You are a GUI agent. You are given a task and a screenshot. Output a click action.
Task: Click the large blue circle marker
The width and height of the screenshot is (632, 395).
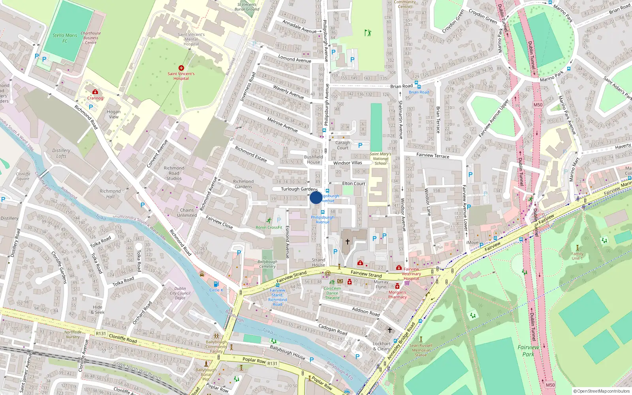click(316, 197)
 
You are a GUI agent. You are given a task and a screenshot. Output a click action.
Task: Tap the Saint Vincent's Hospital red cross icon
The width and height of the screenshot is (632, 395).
click(181, 68)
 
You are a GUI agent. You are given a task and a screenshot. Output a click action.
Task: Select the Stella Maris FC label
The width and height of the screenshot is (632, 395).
click(65, 38)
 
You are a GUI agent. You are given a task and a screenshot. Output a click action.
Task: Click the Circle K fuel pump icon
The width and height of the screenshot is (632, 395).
click(216, 284)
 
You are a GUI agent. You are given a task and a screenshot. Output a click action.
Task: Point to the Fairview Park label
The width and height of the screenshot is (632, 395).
click(528, 351)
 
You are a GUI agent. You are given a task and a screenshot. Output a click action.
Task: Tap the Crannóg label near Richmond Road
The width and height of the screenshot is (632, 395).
click(95, 98)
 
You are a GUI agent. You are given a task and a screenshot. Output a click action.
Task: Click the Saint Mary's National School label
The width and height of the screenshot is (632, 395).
click(380, 159)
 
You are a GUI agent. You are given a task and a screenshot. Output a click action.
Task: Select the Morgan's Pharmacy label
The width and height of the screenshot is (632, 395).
click(397, 295)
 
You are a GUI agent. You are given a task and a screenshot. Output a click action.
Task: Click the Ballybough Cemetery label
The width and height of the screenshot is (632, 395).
click(267, 264)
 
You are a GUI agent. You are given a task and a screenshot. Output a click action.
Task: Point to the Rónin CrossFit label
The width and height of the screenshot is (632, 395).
click(269, 227)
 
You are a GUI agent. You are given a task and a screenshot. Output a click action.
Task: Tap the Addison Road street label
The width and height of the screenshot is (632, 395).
click(366, 311)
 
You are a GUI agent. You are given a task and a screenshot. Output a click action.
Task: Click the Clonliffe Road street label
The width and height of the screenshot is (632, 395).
click(123, 338)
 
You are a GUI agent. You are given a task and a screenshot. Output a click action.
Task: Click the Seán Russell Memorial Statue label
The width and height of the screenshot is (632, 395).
click(421, 350)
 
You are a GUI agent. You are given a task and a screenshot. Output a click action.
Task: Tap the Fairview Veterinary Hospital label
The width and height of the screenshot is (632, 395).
click(411, 274)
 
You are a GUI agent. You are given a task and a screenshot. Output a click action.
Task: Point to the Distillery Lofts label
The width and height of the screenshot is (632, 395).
click(61, 153)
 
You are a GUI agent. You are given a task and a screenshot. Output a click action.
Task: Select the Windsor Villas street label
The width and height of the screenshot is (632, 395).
click(348, 163)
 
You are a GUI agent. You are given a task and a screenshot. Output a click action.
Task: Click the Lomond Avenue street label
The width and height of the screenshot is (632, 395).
click(295, 59)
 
